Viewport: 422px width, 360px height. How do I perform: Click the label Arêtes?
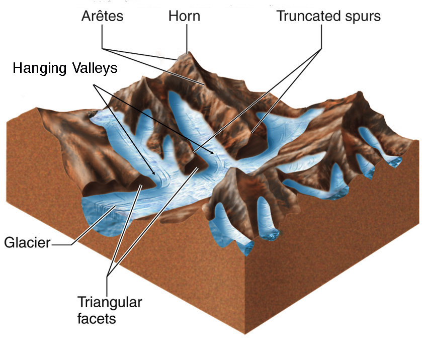102,16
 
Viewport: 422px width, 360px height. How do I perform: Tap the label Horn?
184,16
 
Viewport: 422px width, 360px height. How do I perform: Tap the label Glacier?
27,244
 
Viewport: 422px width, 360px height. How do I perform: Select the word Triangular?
109,303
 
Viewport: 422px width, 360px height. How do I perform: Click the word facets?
97,318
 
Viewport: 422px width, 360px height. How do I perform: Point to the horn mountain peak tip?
187,52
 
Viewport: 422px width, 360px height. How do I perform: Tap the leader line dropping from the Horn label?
187,38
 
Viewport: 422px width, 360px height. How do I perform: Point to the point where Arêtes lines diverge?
102,48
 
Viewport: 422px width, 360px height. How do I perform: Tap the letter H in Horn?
173,16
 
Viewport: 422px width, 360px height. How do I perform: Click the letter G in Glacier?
9,244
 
